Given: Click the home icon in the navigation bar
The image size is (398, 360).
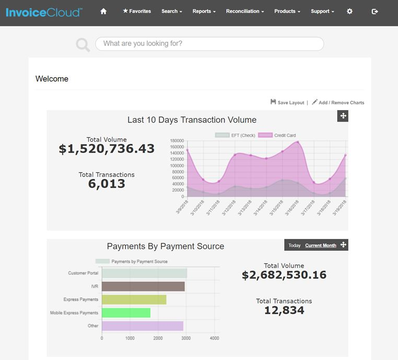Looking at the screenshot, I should point(103,11).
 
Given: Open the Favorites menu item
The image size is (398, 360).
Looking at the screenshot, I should point(136,11).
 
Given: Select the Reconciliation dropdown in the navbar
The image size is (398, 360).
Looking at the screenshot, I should point(245,11).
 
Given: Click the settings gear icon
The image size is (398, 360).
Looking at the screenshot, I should point(350,11).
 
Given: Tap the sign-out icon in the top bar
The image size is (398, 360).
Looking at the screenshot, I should point(375,11).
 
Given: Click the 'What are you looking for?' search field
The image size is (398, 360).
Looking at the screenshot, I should point(209,44).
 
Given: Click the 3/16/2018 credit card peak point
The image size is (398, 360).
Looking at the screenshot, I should point(298,142).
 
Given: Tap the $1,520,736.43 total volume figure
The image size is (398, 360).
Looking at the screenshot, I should point(107,149).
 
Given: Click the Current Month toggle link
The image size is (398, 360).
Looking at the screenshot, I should point(321,245).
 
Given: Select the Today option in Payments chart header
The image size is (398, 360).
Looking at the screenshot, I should point(295,245).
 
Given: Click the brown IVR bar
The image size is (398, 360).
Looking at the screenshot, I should point(143,286).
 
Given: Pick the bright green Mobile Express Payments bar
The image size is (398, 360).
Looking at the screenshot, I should point(126,313).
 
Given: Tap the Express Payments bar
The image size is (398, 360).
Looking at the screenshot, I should point(134,299).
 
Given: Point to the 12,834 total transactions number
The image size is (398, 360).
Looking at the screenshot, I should point(284,310).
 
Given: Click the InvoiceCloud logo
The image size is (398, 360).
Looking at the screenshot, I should point(44,11).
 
